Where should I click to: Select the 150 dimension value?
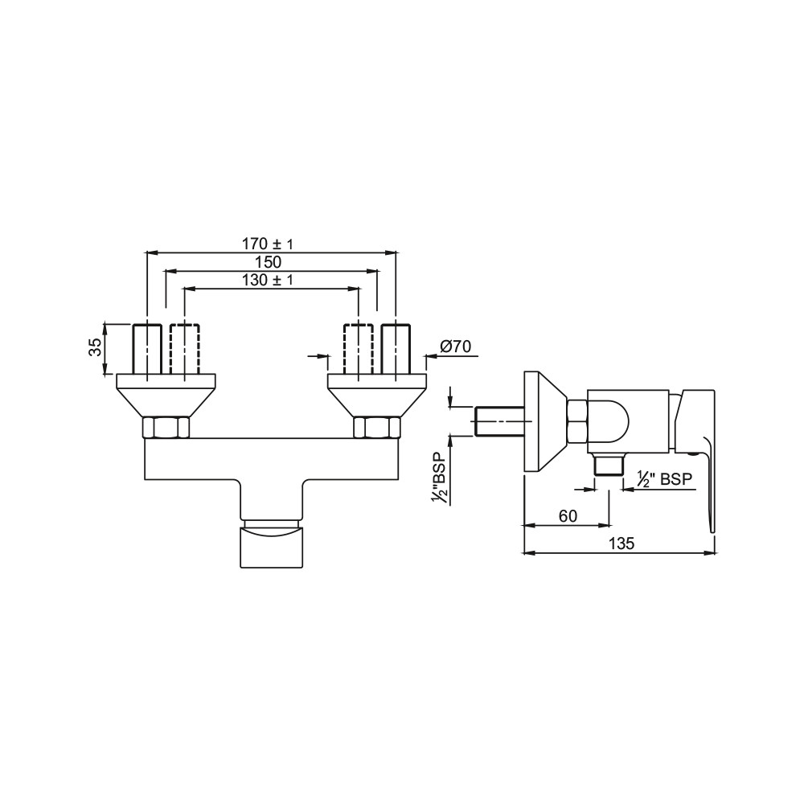click(x=269, y=262)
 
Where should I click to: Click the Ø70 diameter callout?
click(x=455, y=347)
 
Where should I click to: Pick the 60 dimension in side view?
click(x=568, y=516)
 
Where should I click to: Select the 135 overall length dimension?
click(x=621, y=544)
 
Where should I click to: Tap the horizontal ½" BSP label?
click(x=665, y=479)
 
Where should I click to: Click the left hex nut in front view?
click(x=166, y=428)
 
